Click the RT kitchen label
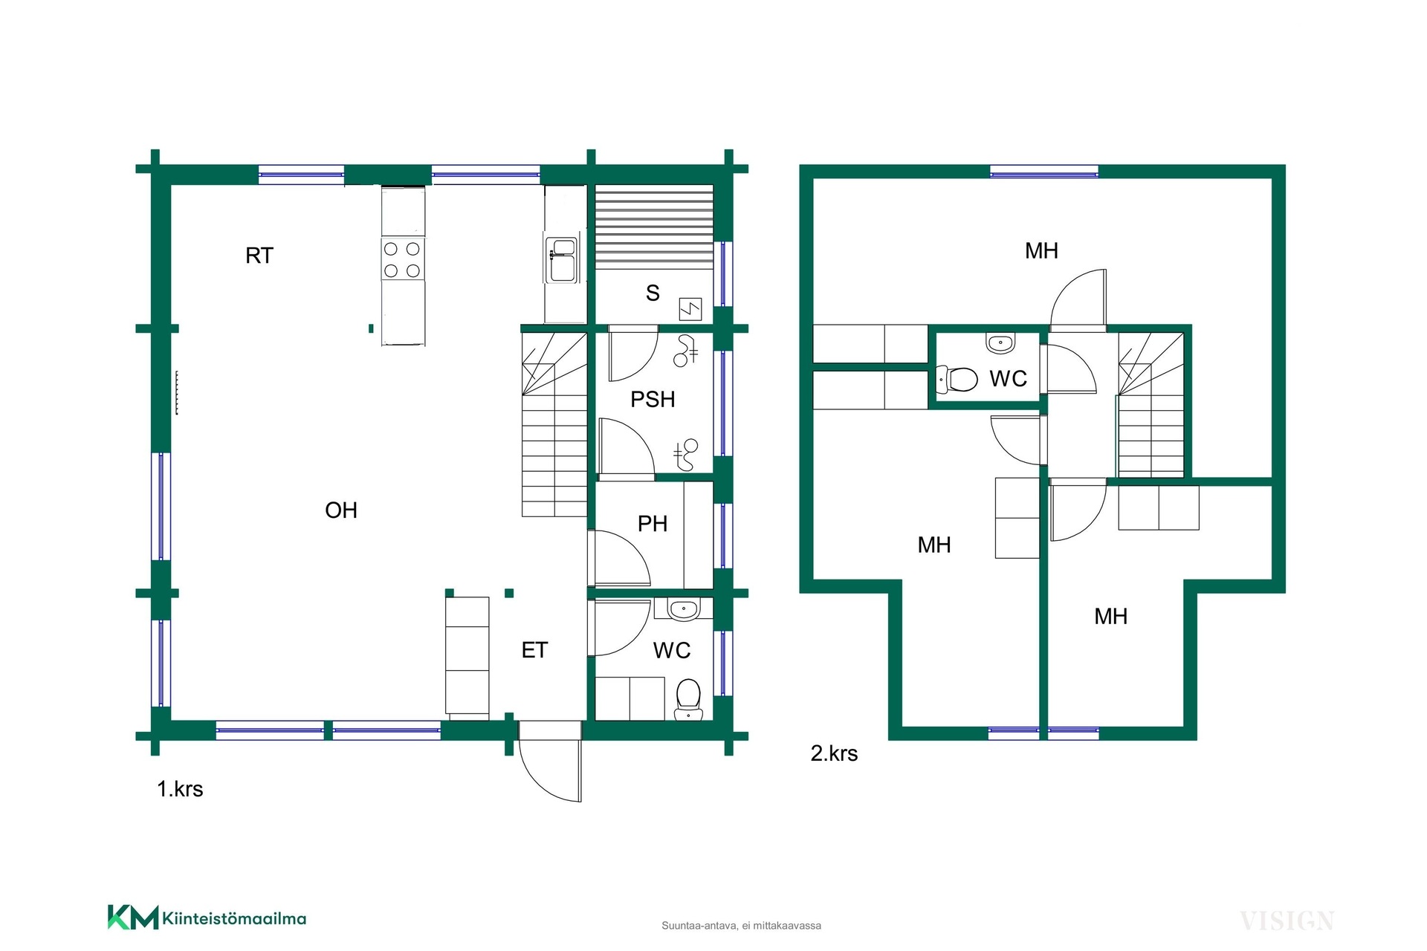pos(259,256)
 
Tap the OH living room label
pos(341,510)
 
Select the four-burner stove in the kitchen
pos(403,259)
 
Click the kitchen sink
pos(562,259)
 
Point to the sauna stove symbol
pos(690,308)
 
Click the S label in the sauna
pos(653,293)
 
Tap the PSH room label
pos(653,400)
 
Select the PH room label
pos(653,524)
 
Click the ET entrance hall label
pos(534,651)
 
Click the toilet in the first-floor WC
pos(689,699)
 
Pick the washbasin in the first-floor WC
pos(683,609)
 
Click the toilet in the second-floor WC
pos(957,379)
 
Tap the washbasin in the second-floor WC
pos(1000,343)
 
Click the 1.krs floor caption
pos(180,789)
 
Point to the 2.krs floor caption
pos(834,753)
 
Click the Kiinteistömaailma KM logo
pos(207,918)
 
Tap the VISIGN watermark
pos(1287,921)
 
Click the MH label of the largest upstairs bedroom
pos(1041,251)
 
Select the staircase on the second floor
pos(1151,405)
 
